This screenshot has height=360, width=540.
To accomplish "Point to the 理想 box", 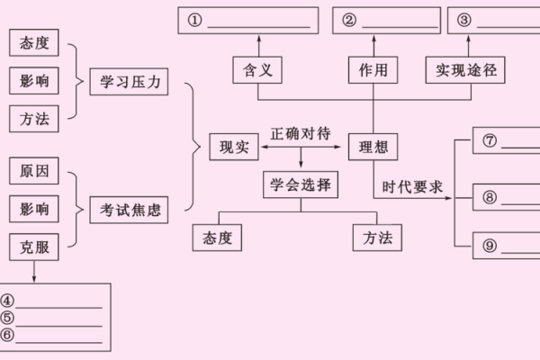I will pyautogui.click(x=373, y=146).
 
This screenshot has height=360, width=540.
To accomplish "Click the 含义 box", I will pyautogui.click(x=257, y=68).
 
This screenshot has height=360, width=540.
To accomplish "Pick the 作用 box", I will pyautogui.click(x=373, y=68).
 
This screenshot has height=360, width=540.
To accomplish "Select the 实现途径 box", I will pyautogui.click(x=465, y=68).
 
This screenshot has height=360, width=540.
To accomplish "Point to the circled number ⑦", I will pyautogui.click(x=490, y=142).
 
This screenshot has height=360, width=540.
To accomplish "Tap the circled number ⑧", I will pyautogui.click(x=490, y=196).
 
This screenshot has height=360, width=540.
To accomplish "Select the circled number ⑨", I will pyautogui.click(x=490, y=245).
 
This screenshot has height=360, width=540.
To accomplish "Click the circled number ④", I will pyautogui.click(x=9, y=301).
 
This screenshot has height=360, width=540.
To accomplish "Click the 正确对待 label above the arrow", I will pyautogui.click(x=300, y=131).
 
